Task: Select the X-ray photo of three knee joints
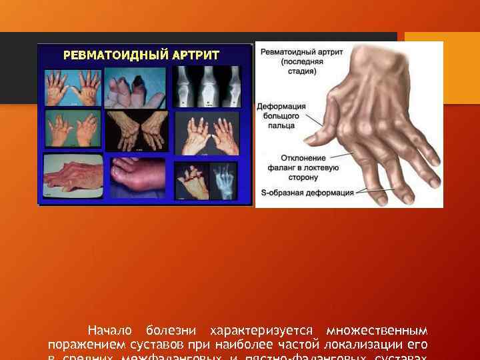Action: [209, 86]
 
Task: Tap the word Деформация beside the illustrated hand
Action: [283, 105]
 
